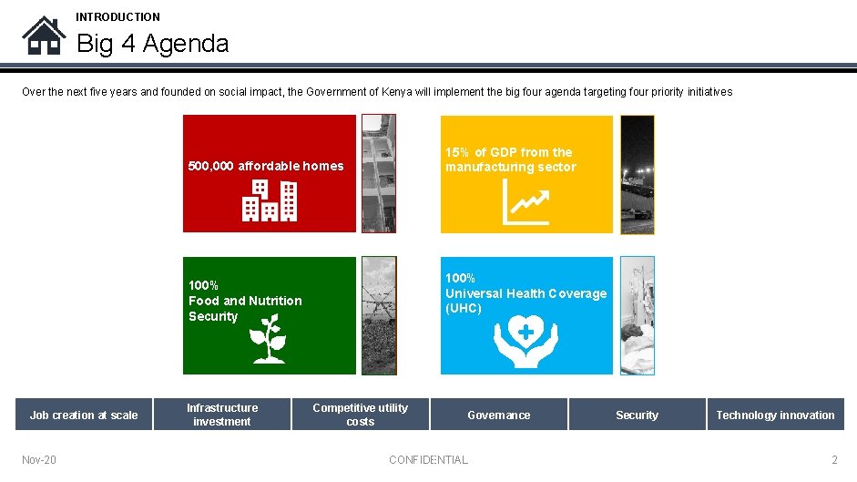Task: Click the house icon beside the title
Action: point(44,36)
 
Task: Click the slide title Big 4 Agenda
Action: point(152,43)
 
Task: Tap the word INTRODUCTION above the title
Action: point(117,16)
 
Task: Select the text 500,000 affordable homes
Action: point(266,166)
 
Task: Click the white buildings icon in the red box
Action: point(270,200)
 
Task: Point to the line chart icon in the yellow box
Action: point(525,201)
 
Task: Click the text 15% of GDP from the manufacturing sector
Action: point(510,159)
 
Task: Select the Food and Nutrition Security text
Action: point(244,301)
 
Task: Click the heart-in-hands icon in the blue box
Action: point(525,342)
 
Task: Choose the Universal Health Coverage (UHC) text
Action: point(525,293)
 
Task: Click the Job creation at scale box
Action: point(84,415)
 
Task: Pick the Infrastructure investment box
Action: point(222,415)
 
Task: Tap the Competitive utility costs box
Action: point(360,415)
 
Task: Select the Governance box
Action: point(498,415)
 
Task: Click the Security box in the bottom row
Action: point(637,415)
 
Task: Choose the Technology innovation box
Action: point(775,415)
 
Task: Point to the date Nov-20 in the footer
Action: point(39,459)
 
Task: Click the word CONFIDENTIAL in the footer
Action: point(428,459)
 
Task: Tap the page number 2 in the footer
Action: point(834,459)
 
